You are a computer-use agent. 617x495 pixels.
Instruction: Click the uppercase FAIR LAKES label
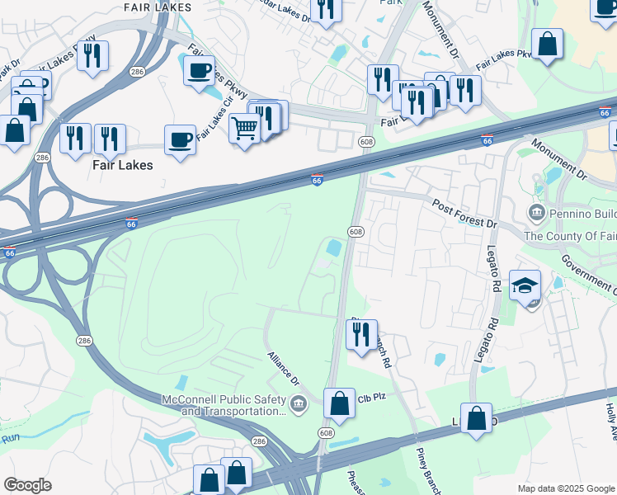point(157,7)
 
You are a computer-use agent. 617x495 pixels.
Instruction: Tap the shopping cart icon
point(245,129)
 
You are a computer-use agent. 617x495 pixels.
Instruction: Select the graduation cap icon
point(525,285)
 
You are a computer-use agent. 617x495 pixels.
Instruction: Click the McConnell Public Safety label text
point(222,399)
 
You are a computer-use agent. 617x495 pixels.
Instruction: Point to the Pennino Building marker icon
point(537,214)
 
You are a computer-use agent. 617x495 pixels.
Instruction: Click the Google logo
point(27,484)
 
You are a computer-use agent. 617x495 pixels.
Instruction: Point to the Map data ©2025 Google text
point(566,488)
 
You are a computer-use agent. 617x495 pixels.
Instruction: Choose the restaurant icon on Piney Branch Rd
point(361,335)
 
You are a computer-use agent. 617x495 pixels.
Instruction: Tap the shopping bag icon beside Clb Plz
point(339,403)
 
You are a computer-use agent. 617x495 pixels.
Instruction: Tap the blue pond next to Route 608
point(334,247)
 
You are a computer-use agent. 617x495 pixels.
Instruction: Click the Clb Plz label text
point(372,397)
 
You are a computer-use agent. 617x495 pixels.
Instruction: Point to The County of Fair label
point(569,236)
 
